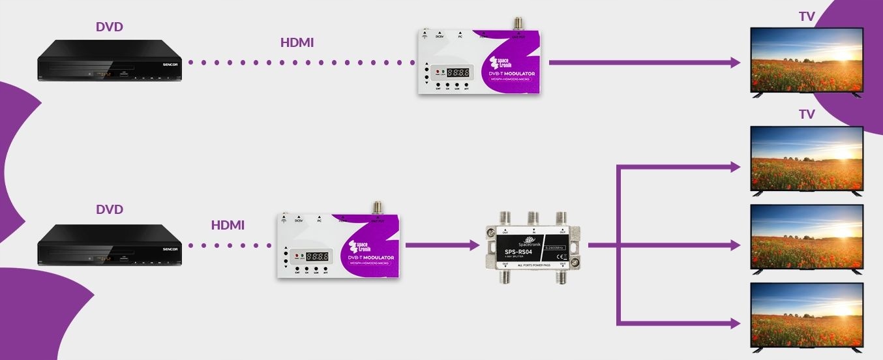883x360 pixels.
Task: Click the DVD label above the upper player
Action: [x=109, y=27]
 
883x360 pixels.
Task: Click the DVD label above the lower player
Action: [x=109, y=209]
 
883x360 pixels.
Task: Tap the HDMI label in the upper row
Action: [x=297, y=42]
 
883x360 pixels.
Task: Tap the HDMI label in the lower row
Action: [x=228, y=225]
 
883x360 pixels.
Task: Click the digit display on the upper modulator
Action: [x=459, y=73]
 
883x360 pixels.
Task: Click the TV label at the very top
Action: [x=807, y=16]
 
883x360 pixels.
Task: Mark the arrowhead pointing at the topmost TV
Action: [x=736, y=63]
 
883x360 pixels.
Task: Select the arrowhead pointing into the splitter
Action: [x=475, y=246]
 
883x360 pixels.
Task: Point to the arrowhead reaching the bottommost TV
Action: [x=736, y=323]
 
